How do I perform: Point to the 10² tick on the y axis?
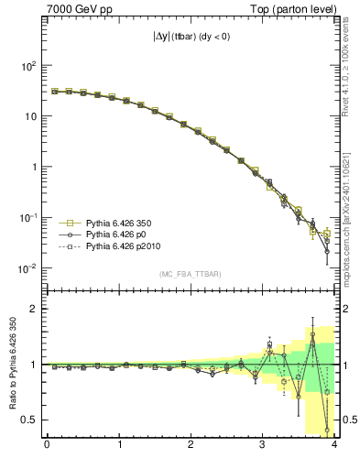(29, 66)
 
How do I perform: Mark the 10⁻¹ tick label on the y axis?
(29, 218)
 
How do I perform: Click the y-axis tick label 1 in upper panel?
(36, 168)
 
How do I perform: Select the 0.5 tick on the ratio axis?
(30, 420)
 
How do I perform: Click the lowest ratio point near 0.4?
(327, 429)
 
